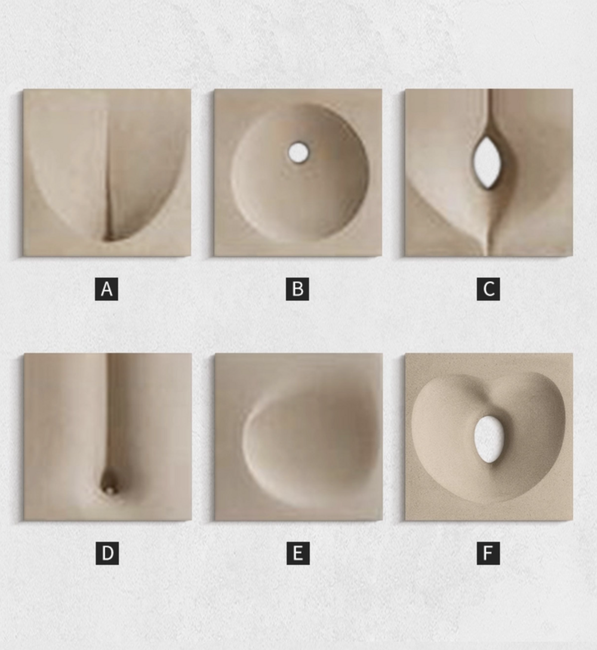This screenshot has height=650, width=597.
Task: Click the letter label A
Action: tap(107, 289)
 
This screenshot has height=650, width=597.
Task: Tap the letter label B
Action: tap(297, 289)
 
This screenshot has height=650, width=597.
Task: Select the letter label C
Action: tap(488, 289)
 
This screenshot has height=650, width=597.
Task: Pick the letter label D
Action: tap(107, 553)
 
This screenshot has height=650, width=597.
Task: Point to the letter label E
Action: tap(298, 553)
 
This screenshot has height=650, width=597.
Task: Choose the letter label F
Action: tap(488, 553)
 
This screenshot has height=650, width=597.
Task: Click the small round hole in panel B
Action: tap(298, 153)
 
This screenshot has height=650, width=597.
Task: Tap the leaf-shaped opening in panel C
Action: tap(488, 162)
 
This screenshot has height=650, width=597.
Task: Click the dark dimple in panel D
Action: tap(110, 484)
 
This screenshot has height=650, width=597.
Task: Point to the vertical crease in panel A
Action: tap(108, 174)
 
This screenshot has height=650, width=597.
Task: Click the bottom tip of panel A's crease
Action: tap(109, 239)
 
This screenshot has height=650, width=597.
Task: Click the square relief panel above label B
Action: tap(298, 172)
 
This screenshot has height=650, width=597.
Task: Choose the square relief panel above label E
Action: tap(298, 437)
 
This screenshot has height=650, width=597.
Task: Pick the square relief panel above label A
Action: tap(107, 172)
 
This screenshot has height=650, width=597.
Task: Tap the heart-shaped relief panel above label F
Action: tap(489, 437)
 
